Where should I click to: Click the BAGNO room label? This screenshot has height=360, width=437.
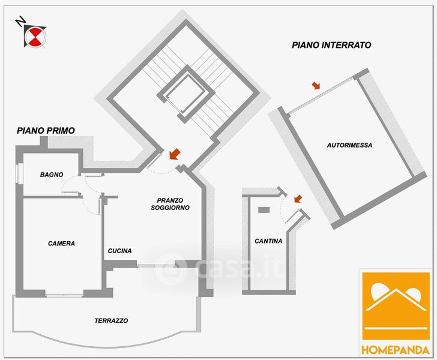coord(52,175)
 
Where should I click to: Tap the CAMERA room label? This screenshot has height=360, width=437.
coord(61,244)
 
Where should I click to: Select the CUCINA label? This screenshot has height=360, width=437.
coord(120,251)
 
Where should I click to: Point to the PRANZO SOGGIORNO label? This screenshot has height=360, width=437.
coord(170,204)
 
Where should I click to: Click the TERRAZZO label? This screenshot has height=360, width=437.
coord(111,321)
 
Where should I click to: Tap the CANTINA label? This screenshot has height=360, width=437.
coord(268,241)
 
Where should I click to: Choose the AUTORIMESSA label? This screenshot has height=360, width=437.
coord(349,145)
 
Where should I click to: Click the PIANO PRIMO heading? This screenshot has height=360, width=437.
coord(46,130)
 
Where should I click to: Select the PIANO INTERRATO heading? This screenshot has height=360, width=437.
coord(331,45)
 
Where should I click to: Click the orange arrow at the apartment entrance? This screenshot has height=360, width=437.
coord(175,154)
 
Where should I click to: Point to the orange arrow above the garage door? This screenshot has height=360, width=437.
coord(316,86)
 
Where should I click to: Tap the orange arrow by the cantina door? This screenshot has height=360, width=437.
coord(298,199)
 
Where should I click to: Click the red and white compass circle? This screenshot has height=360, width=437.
coord(35,37)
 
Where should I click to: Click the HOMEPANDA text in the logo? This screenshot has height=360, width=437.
coord(396,350)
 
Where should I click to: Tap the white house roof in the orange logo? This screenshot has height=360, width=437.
coord(396,300)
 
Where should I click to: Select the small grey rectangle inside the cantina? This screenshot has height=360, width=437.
coord(264,210)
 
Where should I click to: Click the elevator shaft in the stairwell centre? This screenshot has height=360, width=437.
coord(186,94)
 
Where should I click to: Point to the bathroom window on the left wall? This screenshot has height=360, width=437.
coord(19,173)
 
